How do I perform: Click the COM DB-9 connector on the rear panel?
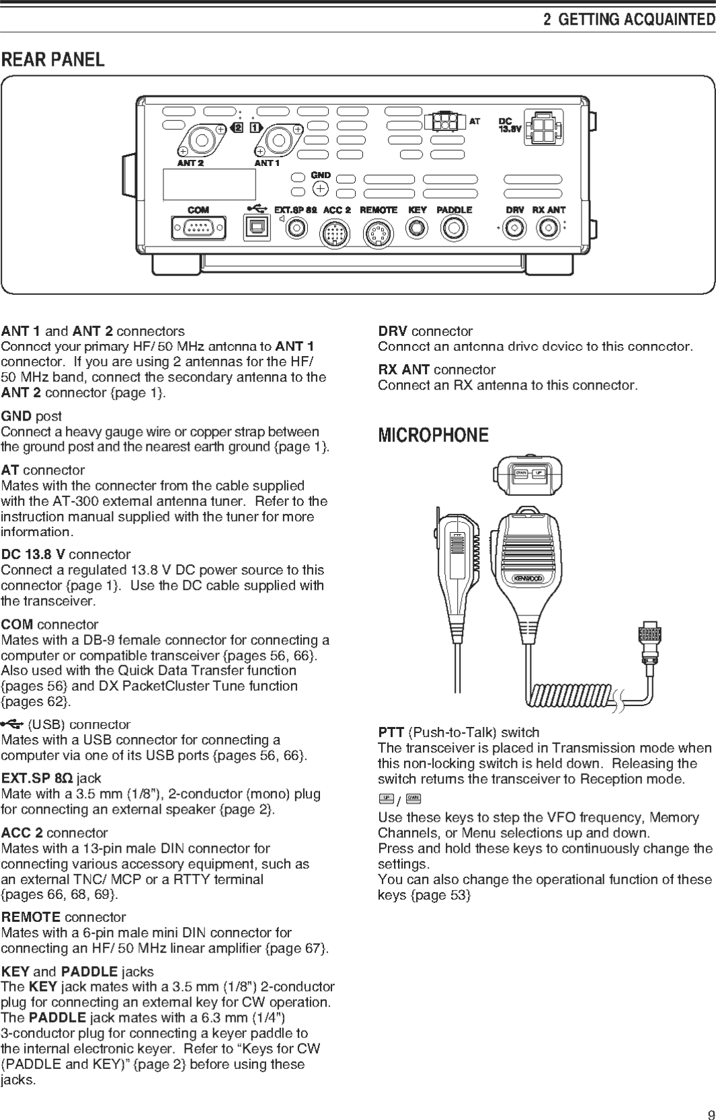tap(198, 228)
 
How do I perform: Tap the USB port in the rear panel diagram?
tap(256, 228)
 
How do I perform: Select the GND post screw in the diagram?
tap(321, 189)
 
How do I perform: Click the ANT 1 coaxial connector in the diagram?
tap(277, 140)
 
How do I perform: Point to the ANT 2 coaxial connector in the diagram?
tap(200, 140)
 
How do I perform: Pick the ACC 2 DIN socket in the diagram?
tap(334, 234)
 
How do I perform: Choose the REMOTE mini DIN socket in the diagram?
tap(378, 234)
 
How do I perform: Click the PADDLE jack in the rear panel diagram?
tap(454, 228)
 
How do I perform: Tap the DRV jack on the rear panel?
tap(514, 228)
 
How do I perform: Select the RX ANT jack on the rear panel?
tap(547, 228)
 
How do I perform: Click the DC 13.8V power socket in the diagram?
tap(543, 128)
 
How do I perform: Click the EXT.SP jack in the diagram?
tap(296, 229)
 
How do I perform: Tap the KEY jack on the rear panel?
tap(417, 228)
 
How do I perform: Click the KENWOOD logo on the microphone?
tap(528, 578)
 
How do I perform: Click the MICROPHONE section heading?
tap(433, 435)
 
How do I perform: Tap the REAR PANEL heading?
tap(53, 60)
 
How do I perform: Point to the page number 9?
tap(711, 1115)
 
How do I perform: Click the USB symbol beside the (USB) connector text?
tap(12, 724)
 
